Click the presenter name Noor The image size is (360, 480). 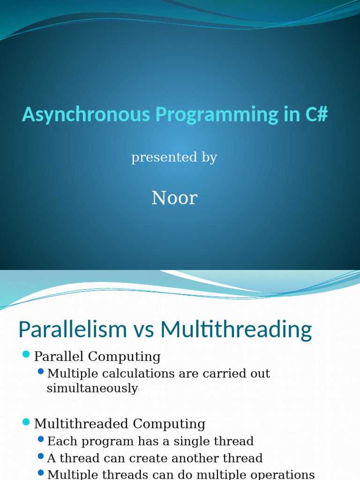coord(174,198)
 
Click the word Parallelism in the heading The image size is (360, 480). coord(72,330)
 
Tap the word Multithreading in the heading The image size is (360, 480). coord(236,330)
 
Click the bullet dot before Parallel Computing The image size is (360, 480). coord(26,354)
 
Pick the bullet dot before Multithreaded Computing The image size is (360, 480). coord(26,422)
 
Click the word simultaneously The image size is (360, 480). coord(92,389)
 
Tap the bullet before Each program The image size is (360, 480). coord(41,439)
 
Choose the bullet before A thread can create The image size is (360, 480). coord(41,456)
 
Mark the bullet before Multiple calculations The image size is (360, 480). coord(41,372)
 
